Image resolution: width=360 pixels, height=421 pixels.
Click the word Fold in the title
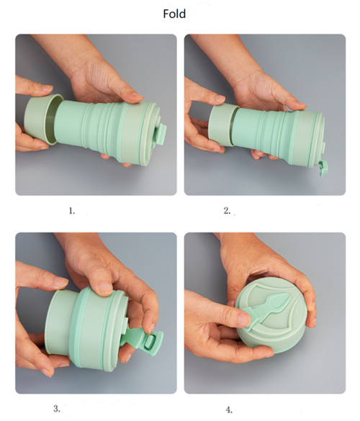(x=174, y=14)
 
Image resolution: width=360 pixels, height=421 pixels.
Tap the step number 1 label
(x=72, y=211)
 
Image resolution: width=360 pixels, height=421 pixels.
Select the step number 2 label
(x=227, y=210)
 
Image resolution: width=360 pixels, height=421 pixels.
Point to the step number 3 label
(x=57, y=409)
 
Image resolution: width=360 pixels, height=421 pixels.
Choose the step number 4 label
(x=229, y=409)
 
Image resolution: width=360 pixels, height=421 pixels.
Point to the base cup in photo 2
(x=222, y=125)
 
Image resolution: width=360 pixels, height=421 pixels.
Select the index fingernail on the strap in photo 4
(x=244, y=320)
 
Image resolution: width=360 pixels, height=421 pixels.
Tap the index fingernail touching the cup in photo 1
(x=48, y=89)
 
